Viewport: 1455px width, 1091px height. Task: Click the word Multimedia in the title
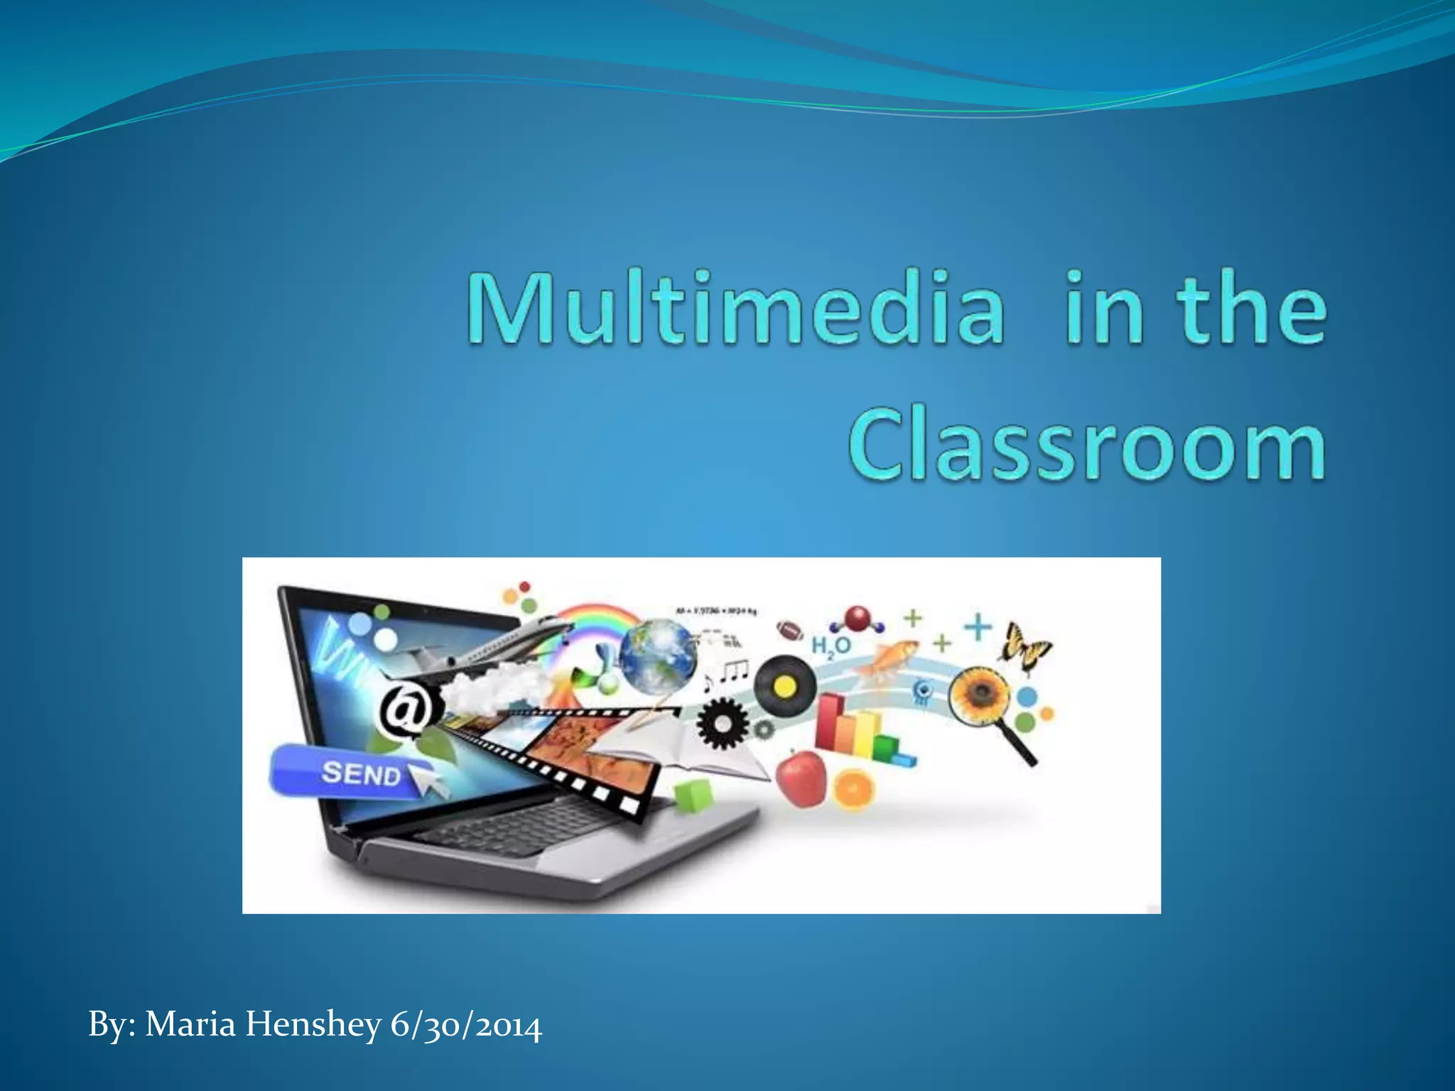735,309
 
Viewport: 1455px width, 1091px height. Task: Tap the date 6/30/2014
466,1025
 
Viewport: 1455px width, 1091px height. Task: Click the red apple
801,774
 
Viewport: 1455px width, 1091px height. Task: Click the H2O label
831,646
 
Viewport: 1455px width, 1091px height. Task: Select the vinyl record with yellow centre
784,686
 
